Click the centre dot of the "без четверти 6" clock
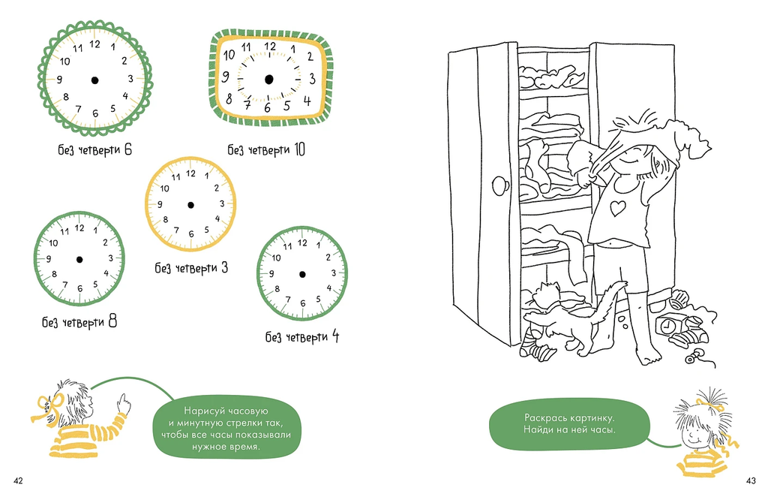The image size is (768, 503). (94, 80)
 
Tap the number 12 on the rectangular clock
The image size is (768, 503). (270, 47)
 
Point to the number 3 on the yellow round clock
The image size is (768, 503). (222, 203)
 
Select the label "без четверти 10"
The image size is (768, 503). (266, 150)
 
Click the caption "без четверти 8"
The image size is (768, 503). (79, 323)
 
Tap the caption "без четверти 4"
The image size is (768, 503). (302, 336)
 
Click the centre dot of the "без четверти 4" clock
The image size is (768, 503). (301, 273)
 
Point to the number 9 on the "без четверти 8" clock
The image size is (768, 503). (49, 259)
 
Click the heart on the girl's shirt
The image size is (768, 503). (617, 207)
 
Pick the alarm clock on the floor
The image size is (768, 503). (667, 324)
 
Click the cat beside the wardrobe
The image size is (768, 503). (566, 315)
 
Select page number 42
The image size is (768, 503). (19, 480)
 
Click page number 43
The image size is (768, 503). (748, 480)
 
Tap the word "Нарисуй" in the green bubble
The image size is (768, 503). (203, 411)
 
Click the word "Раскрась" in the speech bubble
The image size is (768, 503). (545, 417)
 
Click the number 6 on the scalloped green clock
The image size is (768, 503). (95, 113)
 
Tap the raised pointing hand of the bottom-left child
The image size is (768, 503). (123, 404)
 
